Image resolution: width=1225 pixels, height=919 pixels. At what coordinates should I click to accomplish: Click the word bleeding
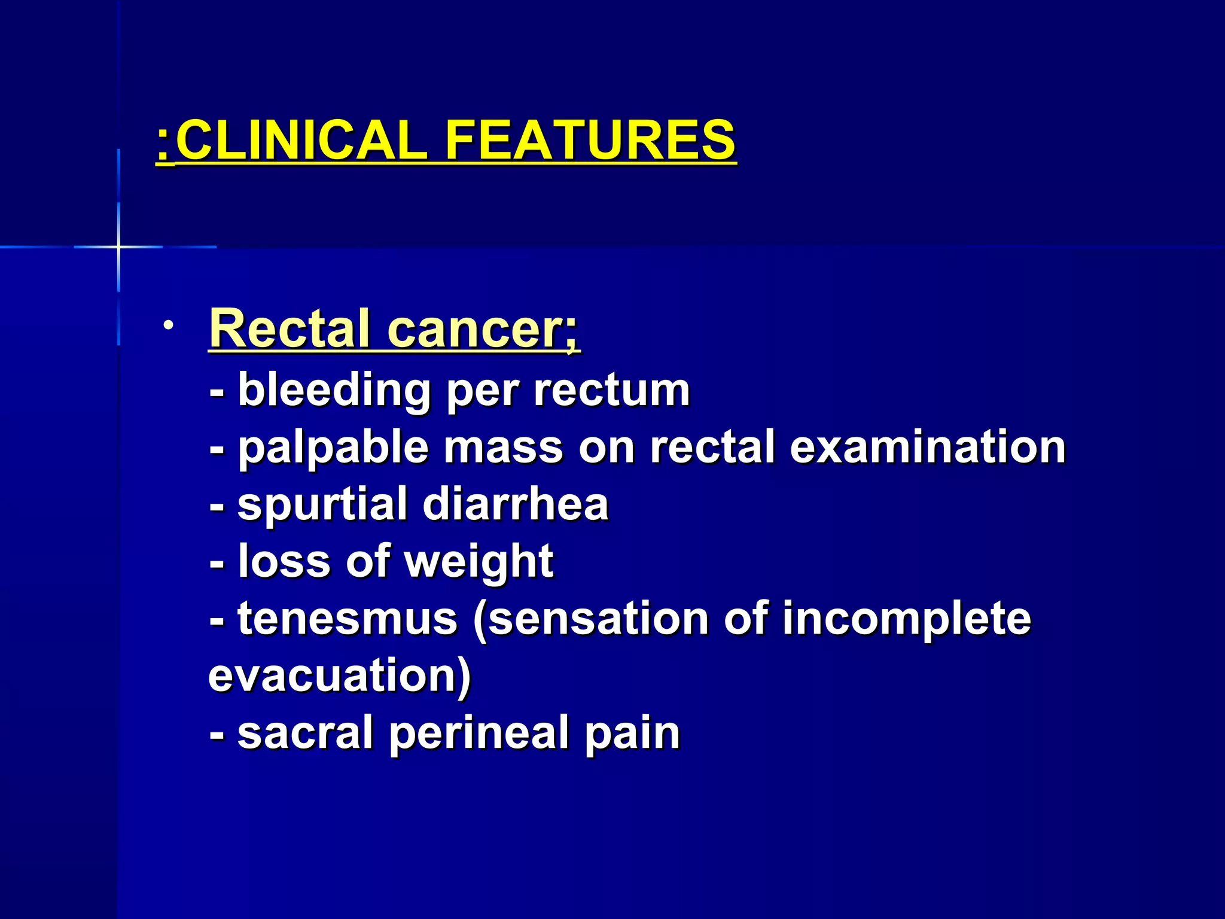(334, 390)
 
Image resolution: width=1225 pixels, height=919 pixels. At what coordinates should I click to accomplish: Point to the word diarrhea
(516, 504)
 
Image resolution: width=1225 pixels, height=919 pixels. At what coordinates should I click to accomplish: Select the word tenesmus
(348, 619)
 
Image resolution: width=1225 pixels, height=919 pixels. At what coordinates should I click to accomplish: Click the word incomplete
(907, 619)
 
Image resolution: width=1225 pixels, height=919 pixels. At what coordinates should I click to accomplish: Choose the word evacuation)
(340, 675)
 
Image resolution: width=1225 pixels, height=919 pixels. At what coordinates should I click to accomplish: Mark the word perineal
(479, 734)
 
